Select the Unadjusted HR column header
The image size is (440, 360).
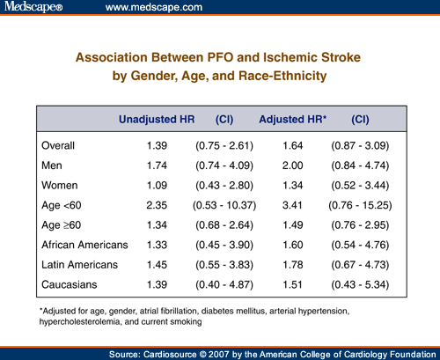156,118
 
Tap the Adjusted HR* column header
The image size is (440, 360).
292,118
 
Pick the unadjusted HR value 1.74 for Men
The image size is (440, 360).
158,164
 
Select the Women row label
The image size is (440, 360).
61,184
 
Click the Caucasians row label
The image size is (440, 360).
70,283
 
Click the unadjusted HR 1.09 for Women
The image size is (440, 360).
158,184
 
